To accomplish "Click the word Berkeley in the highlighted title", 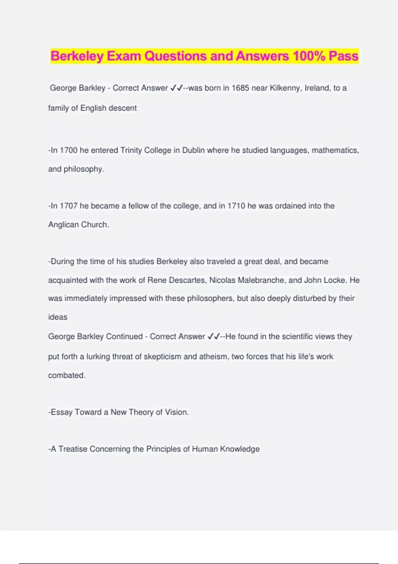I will point(77,56).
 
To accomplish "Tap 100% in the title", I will point(309,56).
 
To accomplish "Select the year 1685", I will point(240,88).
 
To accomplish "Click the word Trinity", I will point(131,150).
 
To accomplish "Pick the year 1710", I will point(236,206).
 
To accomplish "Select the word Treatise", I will point(73,449).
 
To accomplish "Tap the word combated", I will point(67,375).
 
